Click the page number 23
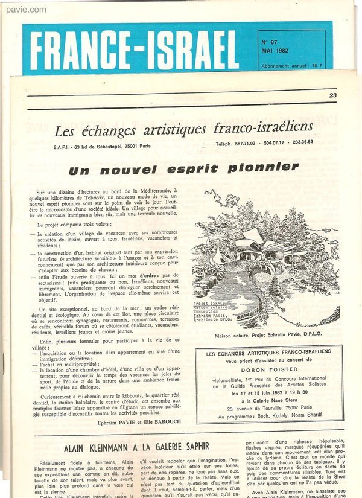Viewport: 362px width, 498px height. (333, 95)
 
